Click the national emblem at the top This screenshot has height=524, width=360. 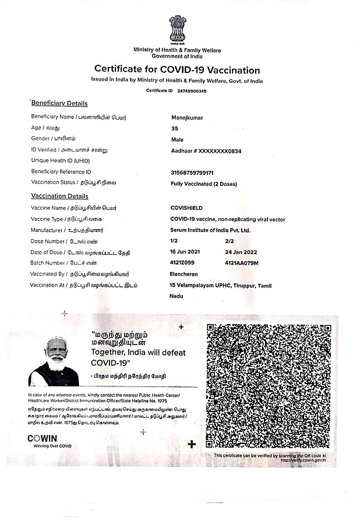(x=178, y=30)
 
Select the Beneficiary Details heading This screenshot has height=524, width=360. (x=59, y=103)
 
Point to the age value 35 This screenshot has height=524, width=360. (x=174, y=128)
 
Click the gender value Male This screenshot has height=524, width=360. (x=177, y=140)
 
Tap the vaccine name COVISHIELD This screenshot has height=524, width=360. (x=186, y=208)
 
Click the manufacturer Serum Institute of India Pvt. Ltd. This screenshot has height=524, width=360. (x=210, y=230)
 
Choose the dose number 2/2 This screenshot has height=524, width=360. (x=229, y=241)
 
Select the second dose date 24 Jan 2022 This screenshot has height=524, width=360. (x=242, y=252)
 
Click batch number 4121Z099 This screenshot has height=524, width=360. (x=182, y=263)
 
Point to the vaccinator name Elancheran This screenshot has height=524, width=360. (x=185, y=275)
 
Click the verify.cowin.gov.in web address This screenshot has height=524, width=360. (x=303, y=460)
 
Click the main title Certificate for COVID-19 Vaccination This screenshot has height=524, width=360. (x=177, y=69)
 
